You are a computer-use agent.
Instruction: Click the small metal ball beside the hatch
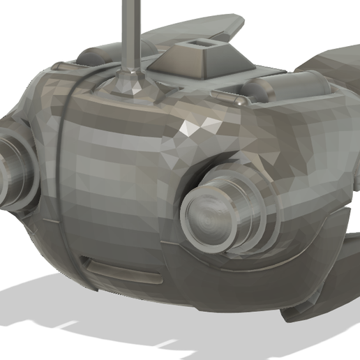coord(240,102)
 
